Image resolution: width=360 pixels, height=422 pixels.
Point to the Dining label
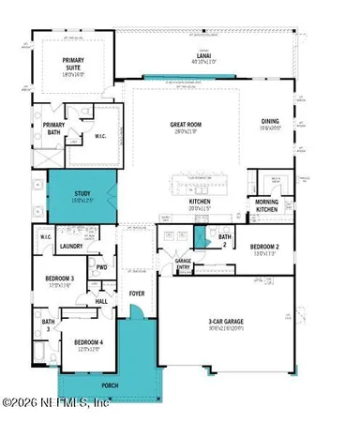click(x=271, y=121)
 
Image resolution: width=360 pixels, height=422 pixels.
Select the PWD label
click(x=101, y=266)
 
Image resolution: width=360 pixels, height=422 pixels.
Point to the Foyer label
click(x=138, y=294)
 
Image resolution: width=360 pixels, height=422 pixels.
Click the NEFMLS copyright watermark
click(x=55, y=404)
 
